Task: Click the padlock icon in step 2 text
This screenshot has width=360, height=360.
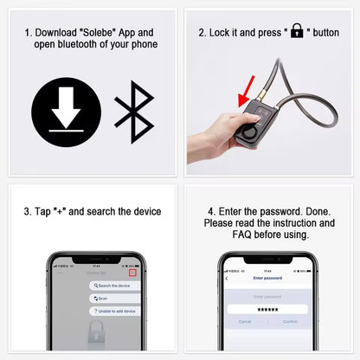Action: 297,31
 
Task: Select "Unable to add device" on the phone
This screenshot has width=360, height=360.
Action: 117,311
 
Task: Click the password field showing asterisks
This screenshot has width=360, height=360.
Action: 267,309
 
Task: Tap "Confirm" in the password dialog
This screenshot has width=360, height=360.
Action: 289,321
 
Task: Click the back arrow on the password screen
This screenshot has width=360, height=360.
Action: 227,279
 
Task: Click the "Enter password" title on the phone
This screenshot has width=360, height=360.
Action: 267,279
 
